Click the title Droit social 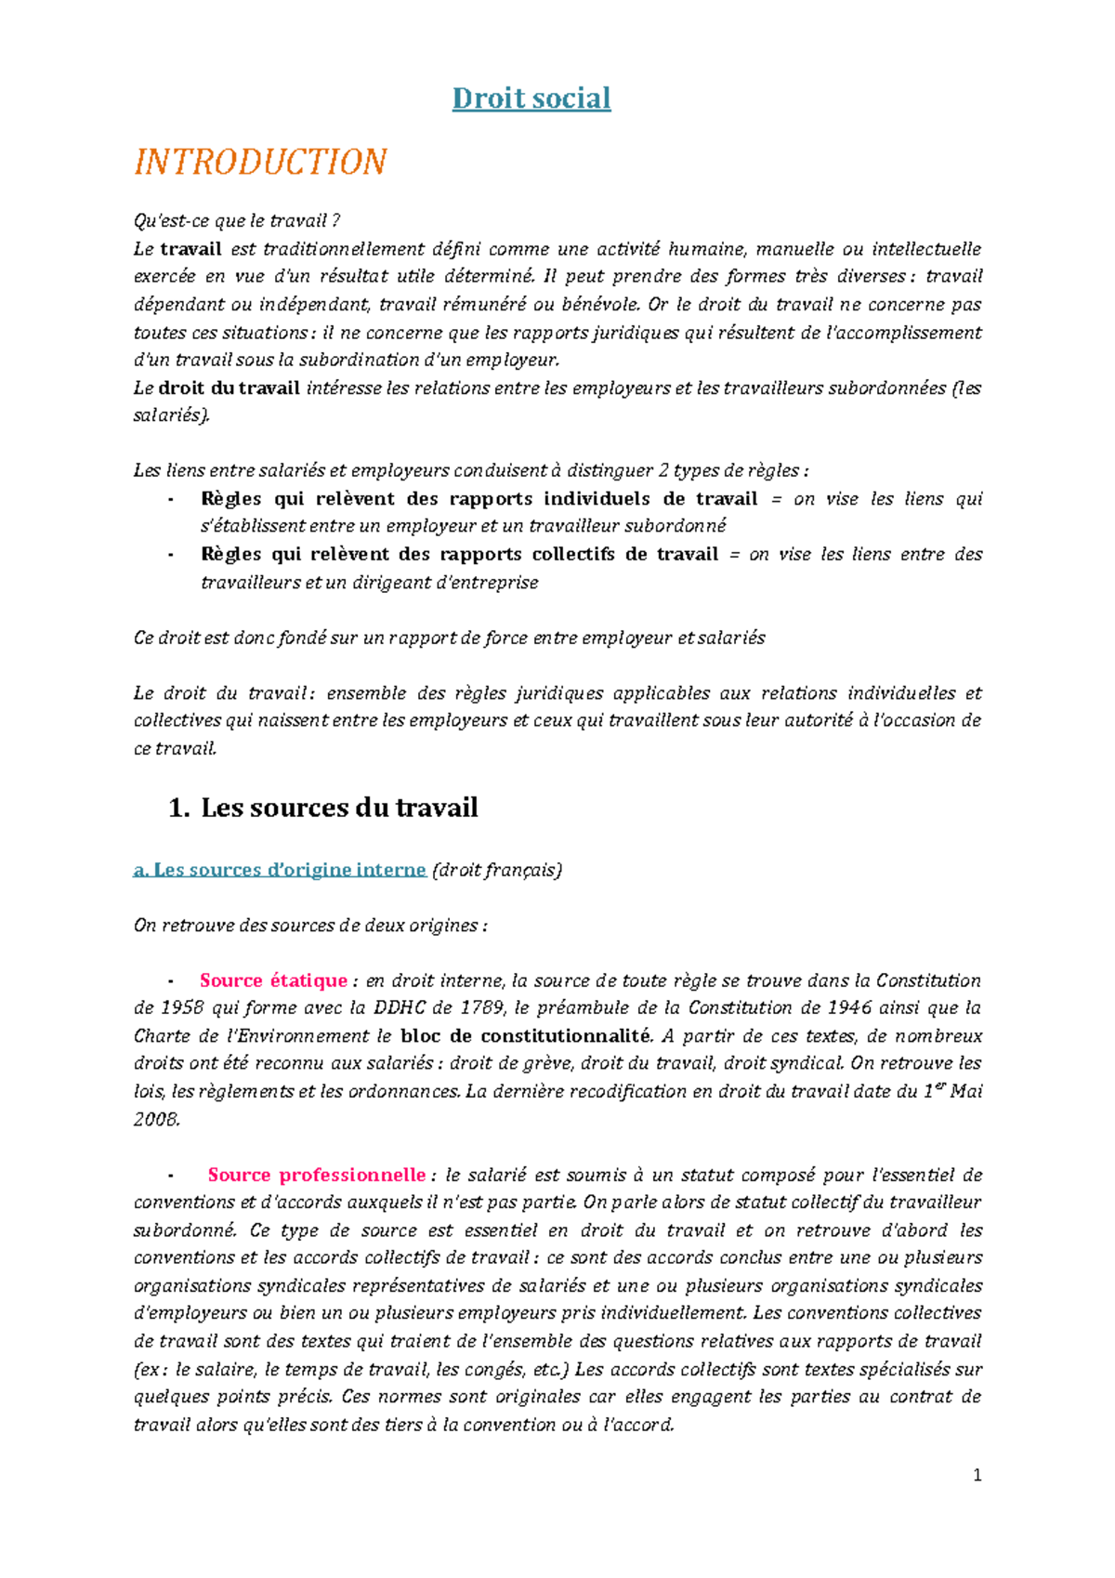[531, 99]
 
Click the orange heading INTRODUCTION [260, 162]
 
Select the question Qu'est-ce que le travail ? [237, 221]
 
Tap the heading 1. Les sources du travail [323, 807]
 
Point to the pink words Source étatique [273, 980]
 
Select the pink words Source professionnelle [316, 1175]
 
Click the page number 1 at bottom [977, 1475]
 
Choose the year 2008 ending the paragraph [155, 1119]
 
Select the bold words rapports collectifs [528, 555]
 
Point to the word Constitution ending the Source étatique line [928, 980]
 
